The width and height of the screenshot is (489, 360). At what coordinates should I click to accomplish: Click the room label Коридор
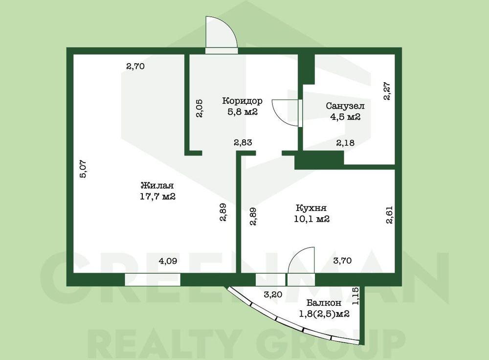point(242,101)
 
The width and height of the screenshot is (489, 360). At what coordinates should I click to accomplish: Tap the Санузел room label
point(345,106)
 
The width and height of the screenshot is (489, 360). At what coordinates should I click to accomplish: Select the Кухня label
point(311,208)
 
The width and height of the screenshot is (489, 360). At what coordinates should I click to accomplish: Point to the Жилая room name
point(157,185)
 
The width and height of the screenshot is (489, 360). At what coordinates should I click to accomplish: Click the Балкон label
point(324,303)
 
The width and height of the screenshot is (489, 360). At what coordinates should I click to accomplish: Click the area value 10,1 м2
point(311,219)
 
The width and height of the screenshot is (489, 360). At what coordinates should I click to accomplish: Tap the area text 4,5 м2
point(345,117)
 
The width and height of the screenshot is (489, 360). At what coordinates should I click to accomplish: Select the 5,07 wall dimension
point(84,169)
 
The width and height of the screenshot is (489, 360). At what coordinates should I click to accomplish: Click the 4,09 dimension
point(168,261)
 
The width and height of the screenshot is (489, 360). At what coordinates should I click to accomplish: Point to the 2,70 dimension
point(135,66)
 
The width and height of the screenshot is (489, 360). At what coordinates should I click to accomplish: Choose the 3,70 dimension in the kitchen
point(342,260)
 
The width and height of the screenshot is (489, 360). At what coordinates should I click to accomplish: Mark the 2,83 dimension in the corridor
point(243,142)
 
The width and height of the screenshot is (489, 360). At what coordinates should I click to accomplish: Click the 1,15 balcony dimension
point(356,296)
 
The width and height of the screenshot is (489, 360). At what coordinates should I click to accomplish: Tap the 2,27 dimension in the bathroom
point(387,91)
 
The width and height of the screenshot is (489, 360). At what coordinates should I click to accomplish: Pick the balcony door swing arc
point(295,256)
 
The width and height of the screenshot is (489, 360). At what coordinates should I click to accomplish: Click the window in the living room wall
point(153,279)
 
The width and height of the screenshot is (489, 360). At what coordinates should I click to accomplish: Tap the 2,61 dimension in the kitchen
point(390,215)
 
